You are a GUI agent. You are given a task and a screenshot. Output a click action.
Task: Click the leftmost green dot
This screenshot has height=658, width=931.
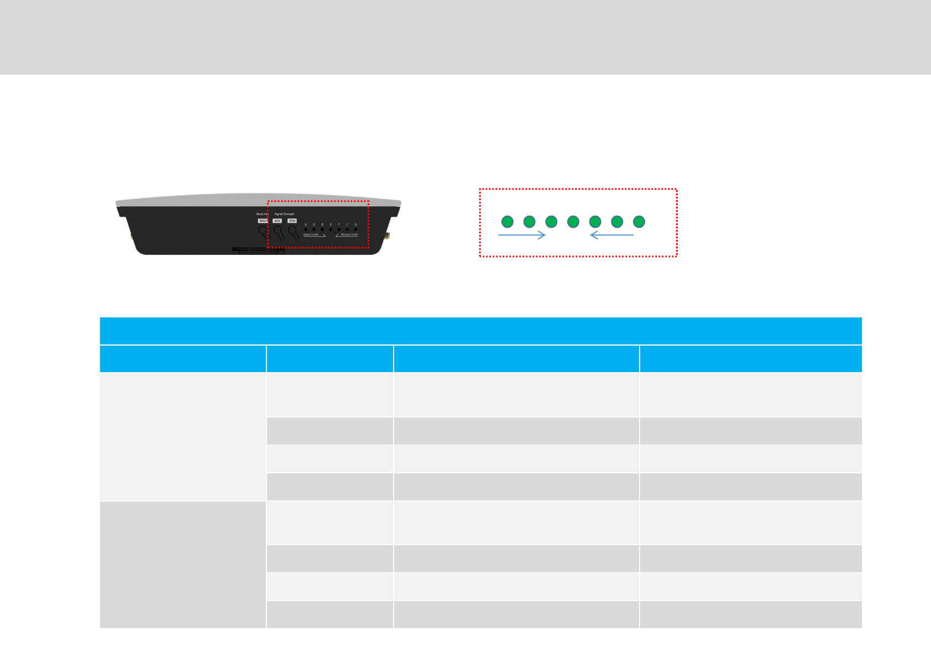click(x=508, y=222)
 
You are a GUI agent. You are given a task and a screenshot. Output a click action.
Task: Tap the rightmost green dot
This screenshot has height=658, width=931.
click(x=639, y=222)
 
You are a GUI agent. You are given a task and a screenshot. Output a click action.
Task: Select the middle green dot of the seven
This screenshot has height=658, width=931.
click(x=573, y=222)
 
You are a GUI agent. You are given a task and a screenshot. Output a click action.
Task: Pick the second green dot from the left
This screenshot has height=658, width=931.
click(x=529, y=222)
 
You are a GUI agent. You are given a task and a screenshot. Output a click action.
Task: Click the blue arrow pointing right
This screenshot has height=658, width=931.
click(x=521, y=235)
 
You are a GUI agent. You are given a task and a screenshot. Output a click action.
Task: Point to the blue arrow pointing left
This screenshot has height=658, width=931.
click(x=612, y=235)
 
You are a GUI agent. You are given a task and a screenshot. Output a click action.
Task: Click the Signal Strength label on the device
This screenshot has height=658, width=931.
click(x=284, y=214)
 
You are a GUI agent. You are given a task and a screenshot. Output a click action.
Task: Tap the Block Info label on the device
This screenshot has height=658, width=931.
click(x=261, y=214)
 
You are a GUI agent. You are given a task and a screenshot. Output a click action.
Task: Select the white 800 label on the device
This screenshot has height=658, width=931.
click(x=277, y=221)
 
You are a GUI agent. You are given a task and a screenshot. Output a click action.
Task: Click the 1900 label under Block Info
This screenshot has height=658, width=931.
click(x=263, y=221)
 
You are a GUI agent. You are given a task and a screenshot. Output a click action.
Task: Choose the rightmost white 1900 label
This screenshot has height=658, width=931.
click(x=292, y=221)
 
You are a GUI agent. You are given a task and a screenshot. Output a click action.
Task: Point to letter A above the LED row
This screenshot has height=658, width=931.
click(x=306, y=224)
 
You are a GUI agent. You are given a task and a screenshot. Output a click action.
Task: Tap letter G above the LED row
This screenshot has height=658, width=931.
click(x=355, y=224)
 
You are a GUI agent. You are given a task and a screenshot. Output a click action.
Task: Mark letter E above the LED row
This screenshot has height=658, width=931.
click(x=331, y=224)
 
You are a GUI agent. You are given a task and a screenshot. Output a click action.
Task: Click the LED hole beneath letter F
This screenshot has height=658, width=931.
click(x=339, y=229)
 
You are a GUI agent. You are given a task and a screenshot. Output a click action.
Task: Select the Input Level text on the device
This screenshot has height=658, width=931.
click(x=311, y=234)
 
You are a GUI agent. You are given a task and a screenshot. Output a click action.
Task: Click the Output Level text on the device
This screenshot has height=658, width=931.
click(x=349, y=234)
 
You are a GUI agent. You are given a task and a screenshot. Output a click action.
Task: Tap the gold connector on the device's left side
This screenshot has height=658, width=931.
click(x=132, y=236)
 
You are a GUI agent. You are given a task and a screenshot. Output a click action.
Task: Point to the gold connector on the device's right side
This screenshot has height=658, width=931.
click(x=387, y=236)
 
